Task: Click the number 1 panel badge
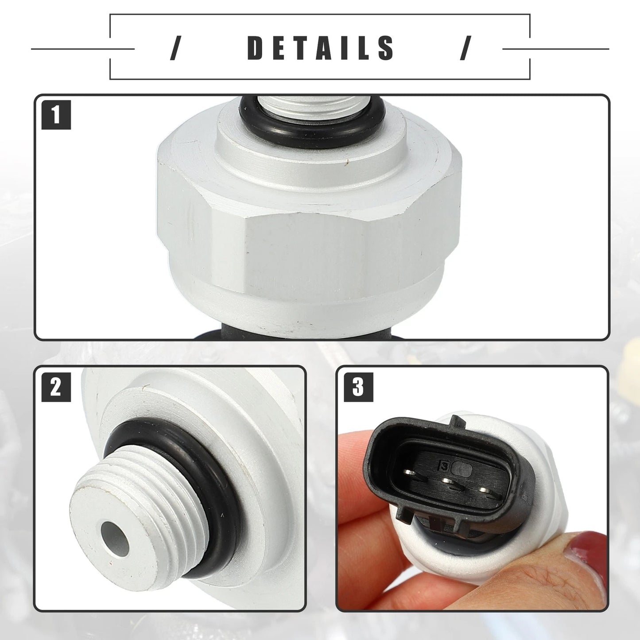coord(56,115)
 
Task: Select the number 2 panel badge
coord(56,387)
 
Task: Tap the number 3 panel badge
coord(358,387)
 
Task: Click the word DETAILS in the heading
coord(321,48)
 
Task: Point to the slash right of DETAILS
coord(465,48)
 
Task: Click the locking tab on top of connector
coord(456,422)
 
